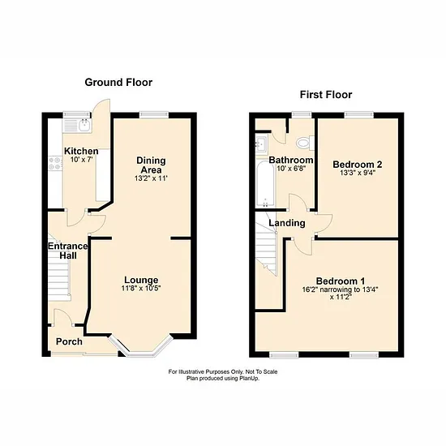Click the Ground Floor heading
[118, 83]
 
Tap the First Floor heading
[326, 94]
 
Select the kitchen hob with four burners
[55, 164]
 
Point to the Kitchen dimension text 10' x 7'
[82, 160]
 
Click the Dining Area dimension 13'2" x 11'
[151, 178]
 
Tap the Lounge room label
[141, 281]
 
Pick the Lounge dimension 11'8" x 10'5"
[141, 288]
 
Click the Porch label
[69, 341]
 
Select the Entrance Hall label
[68, 251]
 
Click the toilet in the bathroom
[305, 143]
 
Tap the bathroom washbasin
[262, 144]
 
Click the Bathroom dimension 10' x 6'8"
[291, 169]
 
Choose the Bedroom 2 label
[358, 165]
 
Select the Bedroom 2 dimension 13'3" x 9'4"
[358, 173]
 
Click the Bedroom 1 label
[341, 281]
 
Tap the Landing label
[287, 223]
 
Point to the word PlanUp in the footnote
[249, 379]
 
